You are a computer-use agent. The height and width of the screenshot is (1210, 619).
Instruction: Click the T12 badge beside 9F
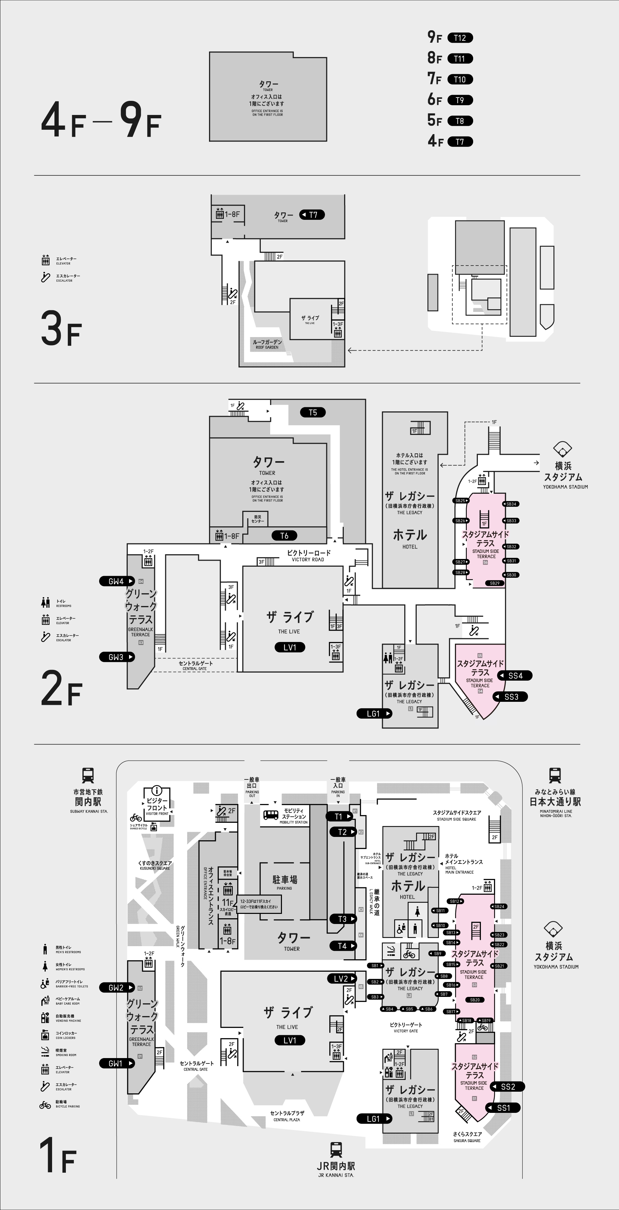click(x=460, y=38)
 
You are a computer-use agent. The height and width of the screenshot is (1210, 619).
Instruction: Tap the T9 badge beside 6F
click(x=460, y=100)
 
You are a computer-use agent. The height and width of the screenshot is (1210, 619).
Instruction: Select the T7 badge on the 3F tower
click(x=312, y=215)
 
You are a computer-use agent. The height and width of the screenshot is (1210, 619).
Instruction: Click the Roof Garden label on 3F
click(x=267, y=344)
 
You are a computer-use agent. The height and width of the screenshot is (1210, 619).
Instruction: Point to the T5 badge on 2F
click(x=313, y=412)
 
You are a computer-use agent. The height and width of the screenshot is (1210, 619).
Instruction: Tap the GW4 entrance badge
click(x=117, y=581)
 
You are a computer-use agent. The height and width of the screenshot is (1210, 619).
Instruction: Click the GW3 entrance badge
click(x=117, y=657)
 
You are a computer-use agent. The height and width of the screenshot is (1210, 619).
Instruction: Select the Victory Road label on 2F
click(x=308, y=555)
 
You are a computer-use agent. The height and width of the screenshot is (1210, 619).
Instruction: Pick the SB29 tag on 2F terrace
click(x=495, y=583)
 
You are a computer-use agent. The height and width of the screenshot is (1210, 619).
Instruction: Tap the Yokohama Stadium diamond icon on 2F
click(x=562, y=449)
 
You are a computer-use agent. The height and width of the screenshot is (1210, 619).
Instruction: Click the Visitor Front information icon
click(x=157, y=791)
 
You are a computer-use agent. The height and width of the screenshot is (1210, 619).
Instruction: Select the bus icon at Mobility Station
click(x=271, y=814)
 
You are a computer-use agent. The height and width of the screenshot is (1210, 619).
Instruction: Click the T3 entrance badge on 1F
click(x=342, y=919)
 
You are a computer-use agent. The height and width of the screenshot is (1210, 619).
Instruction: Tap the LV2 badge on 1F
click(x=341, y=978)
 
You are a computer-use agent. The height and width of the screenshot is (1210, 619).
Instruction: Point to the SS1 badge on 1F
click(x=503, y=1107)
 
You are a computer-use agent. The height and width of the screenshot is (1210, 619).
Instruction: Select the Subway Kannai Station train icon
click(x=88, y=775)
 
